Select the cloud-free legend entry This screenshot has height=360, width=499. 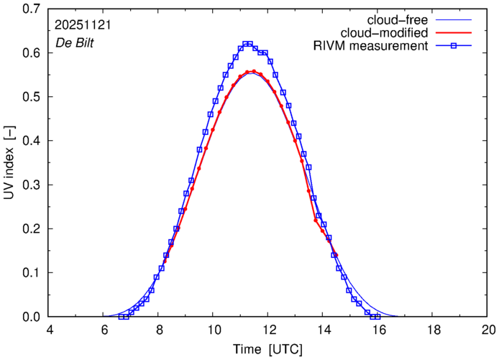click(403, 19)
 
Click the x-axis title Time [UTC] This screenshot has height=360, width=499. click(267, 349)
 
